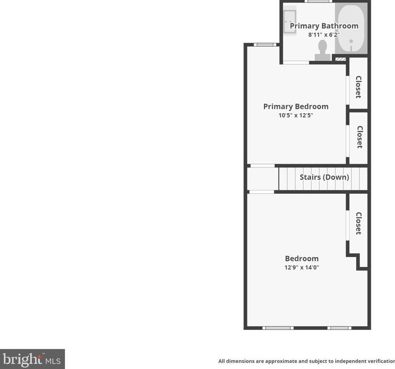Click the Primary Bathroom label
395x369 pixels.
click(x=324, y=26)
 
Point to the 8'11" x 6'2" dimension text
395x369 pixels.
click(x=324, y=35)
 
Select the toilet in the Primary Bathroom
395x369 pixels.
click(x=322, y=50)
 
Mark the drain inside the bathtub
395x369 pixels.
click(x=351, y=42)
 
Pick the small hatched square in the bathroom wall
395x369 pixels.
click(x=340, y=59)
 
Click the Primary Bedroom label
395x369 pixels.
click(x=296, y=106)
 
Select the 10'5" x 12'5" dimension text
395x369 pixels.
click(x=296, y=115)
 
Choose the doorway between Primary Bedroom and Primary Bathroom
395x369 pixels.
click(x=296, y=62)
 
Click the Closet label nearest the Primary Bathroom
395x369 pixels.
click(x=358, y=87)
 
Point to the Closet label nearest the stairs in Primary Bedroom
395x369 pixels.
click(x=360, y=137)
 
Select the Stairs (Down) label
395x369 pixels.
click(x=324, y=177)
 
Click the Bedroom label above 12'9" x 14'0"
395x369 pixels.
click(x=302, y=258)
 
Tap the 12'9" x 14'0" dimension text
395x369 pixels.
click(x=302, y=267)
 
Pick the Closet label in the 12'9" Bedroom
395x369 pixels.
click(x=358, y=223)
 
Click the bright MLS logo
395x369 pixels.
click(x=32, y=359)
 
